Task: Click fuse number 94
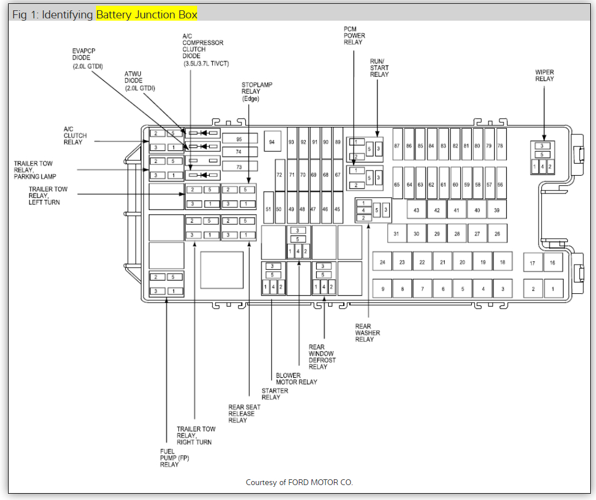[x=272, y=141]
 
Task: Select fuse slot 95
[x=239, y=139]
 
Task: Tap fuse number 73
[x=239, y=166]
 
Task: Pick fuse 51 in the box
[x=268, y=210]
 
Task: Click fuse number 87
[x=397, y=146]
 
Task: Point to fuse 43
[x=417, y=210]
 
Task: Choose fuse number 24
[x=382, y=262]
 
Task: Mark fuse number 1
[x=553, y=289]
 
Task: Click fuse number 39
[x=497, y=210]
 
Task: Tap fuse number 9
[x=382, y=289]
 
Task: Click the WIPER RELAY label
[x=544, y=75]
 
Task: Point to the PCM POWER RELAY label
[x=355, y=36]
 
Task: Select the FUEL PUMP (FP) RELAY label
[x=170, y=458]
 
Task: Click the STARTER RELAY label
[x=275, y=394]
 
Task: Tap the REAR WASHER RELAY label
[x=367, y=333]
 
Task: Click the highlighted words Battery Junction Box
[x=147, y=14]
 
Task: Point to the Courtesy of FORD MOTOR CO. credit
[x=299, y=482]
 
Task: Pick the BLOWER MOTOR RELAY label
[x=297, y=379]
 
